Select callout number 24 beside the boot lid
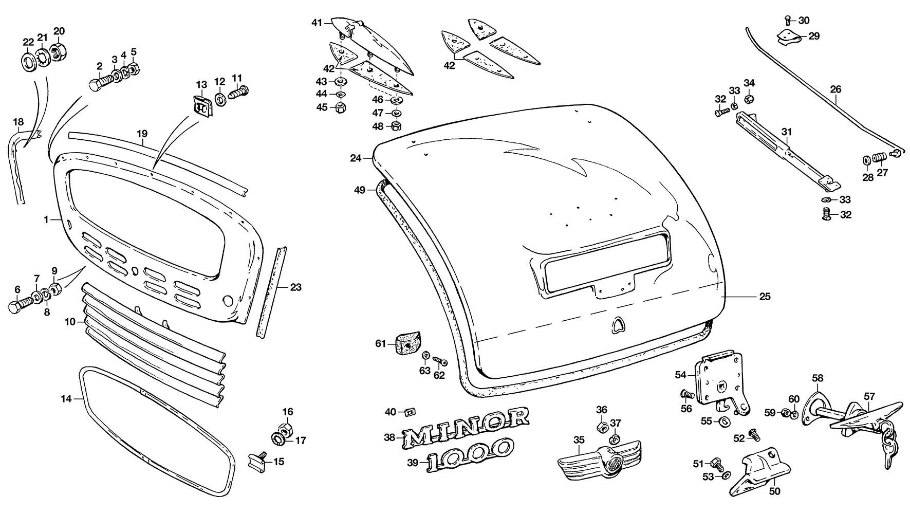click(x=355, y=158)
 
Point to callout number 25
click(x=765, y=297)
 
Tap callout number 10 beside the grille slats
click(x=70, y=322)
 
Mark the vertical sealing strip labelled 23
click(x=271, y=290)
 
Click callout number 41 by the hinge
click(x=317, y=23)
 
